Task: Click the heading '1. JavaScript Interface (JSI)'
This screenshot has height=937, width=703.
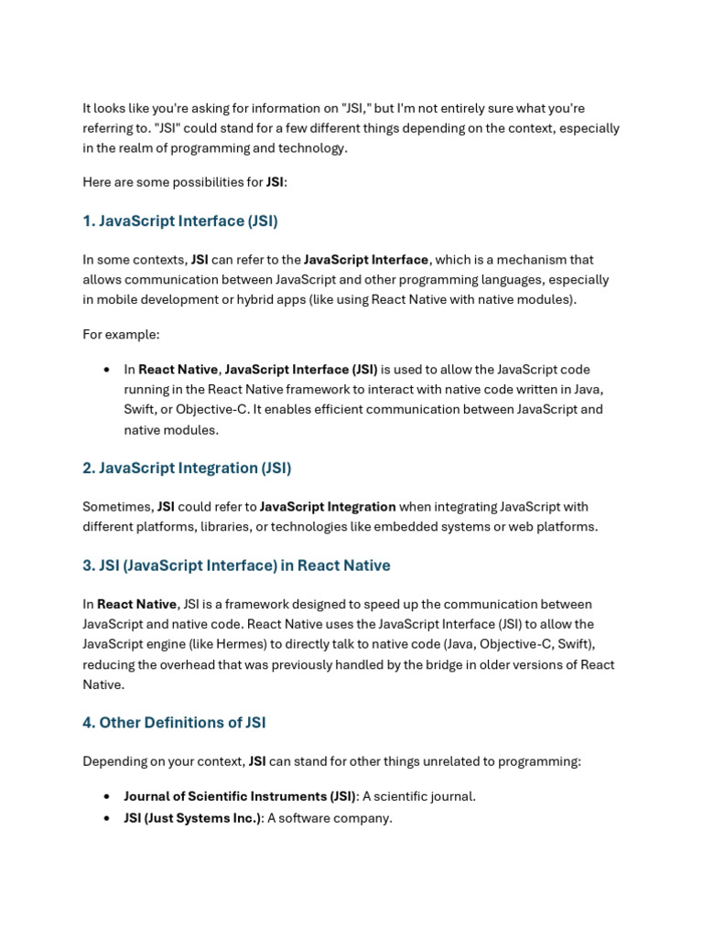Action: (180, 221)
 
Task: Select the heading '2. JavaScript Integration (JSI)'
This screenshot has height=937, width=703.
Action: (187, 468)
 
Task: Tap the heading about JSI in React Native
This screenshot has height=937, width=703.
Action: (236, 565)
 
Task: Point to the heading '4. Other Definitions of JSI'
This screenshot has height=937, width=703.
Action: (174, 722)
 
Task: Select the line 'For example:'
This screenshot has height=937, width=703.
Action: (121, 334)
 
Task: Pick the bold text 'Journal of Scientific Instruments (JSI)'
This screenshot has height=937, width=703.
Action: (239, 796)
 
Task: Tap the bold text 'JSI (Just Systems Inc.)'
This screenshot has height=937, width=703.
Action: (192, 818)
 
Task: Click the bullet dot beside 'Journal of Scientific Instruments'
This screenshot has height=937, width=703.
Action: (107, 796)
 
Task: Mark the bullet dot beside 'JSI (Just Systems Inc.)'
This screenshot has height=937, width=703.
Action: (107, 818)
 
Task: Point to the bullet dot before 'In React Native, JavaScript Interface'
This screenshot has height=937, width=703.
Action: (107, 370)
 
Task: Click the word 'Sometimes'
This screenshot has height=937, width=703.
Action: (117, 506)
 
